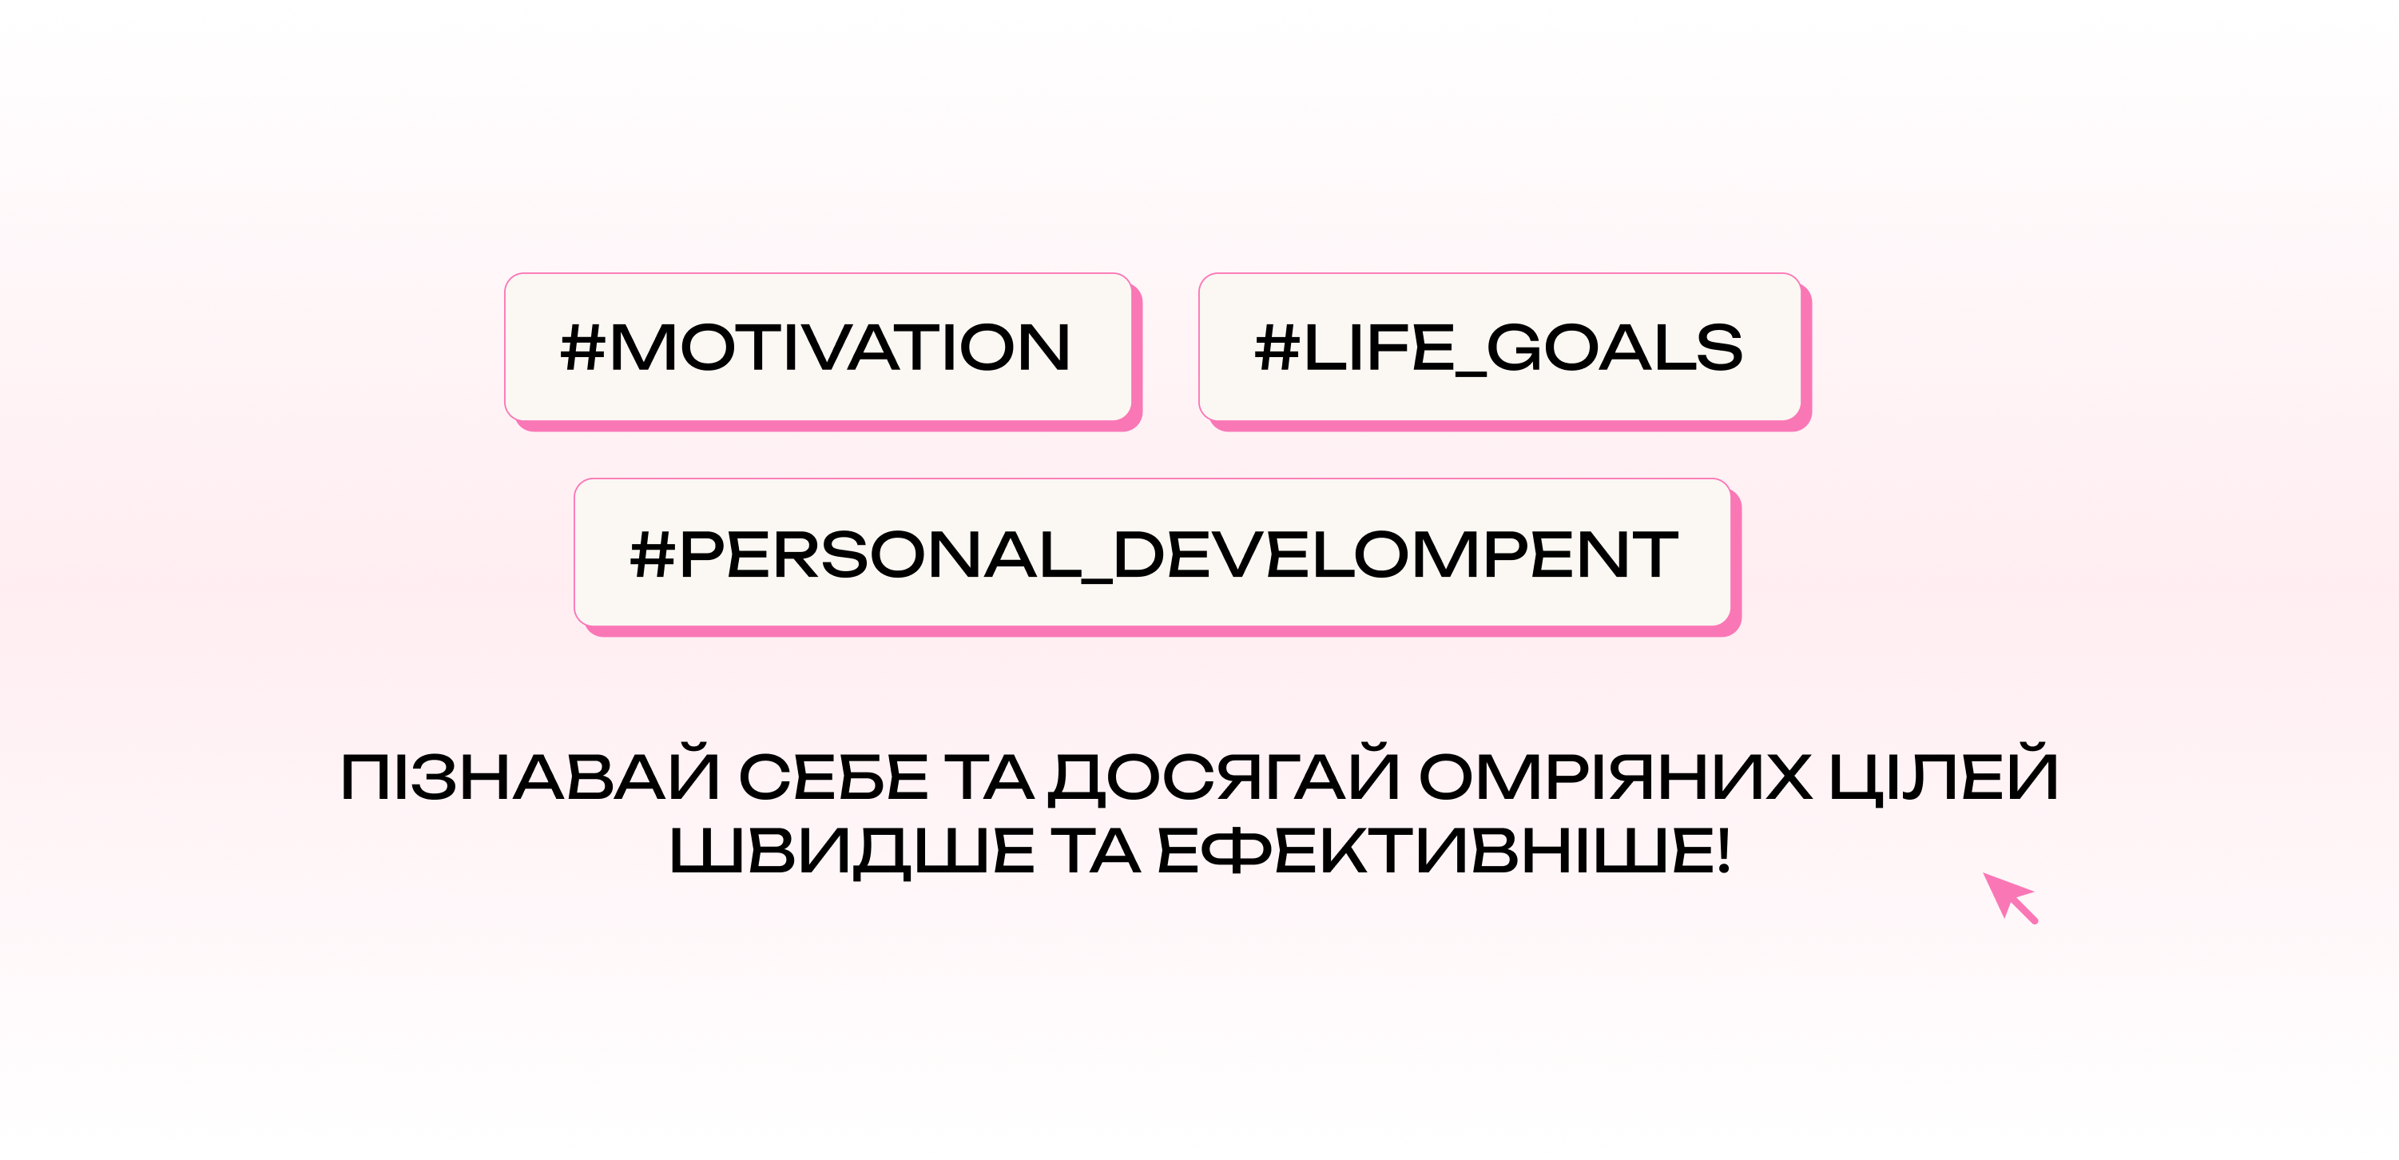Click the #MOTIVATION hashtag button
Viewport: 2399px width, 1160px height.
pos(819,348)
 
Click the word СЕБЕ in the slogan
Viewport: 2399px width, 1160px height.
pos(833,777)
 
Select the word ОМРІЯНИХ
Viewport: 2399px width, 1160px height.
pos(1616,777)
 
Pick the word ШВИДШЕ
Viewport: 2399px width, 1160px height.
pos(852,852)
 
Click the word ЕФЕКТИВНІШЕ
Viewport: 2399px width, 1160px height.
pos(1433,851)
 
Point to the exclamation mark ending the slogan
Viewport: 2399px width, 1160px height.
pos(1723,851)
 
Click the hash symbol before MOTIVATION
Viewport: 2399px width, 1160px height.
pos(583,348)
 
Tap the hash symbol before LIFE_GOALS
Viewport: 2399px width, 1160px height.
pos(1277,348)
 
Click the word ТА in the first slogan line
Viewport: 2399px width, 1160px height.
pos(989,777)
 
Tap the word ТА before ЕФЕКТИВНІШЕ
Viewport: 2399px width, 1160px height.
pos(1095,851)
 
